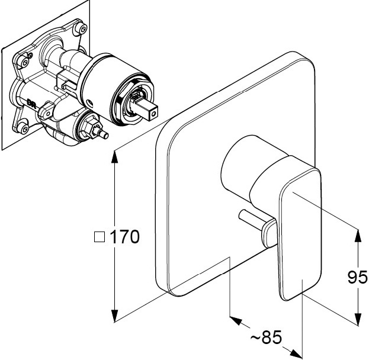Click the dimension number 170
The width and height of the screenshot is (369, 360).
click(125, 237)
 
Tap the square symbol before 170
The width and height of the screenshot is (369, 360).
click(100, 237)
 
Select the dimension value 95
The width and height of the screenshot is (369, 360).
click(357, 277)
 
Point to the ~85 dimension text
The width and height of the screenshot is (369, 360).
click(266, 337)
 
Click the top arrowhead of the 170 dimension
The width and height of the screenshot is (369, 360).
click(114, 156)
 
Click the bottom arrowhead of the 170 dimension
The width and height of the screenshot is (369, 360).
click(114, 316)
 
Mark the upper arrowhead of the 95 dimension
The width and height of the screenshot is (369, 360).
click(358, 235)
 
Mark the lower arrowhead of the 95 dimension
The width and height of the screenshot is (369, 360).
click(358, 320)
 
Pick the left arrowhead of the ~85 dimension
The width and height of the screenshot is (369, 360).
click(236, 320)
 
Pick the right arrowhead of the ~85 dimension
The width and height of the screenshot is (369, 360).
click(296, 353)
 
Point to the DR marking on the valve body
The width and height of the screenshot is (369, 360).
click(31, 103)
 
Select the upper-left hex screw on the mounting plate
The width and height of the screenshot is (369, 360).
click(25, 62)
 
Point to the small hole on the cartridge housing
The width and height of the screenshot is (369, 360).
click(89, 102)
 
